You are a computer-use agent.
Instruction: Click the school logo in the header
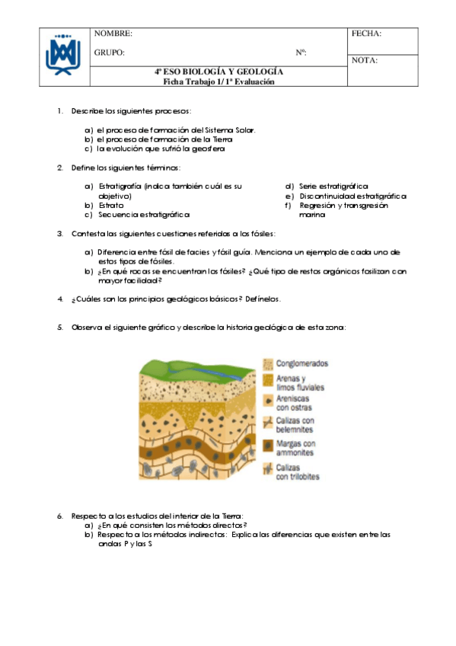pyautogui.click(x=63, y=55)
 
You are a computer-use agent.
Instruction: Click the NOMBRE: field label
pyautogui.click(x=113, y=34)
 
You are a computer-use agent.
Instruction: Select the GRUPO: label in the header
pyautogui.click(x=110, y=53)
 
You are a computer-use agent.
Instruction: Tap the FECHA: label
pyautogui.click(x=367, y=34)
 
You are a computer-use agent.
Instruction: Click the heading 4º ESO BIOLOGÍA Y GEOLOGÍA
pyautogui.click(x=218, y=72)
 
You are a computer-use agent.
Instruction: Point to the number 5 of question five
pyautogui.click(x=59, y=328)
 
